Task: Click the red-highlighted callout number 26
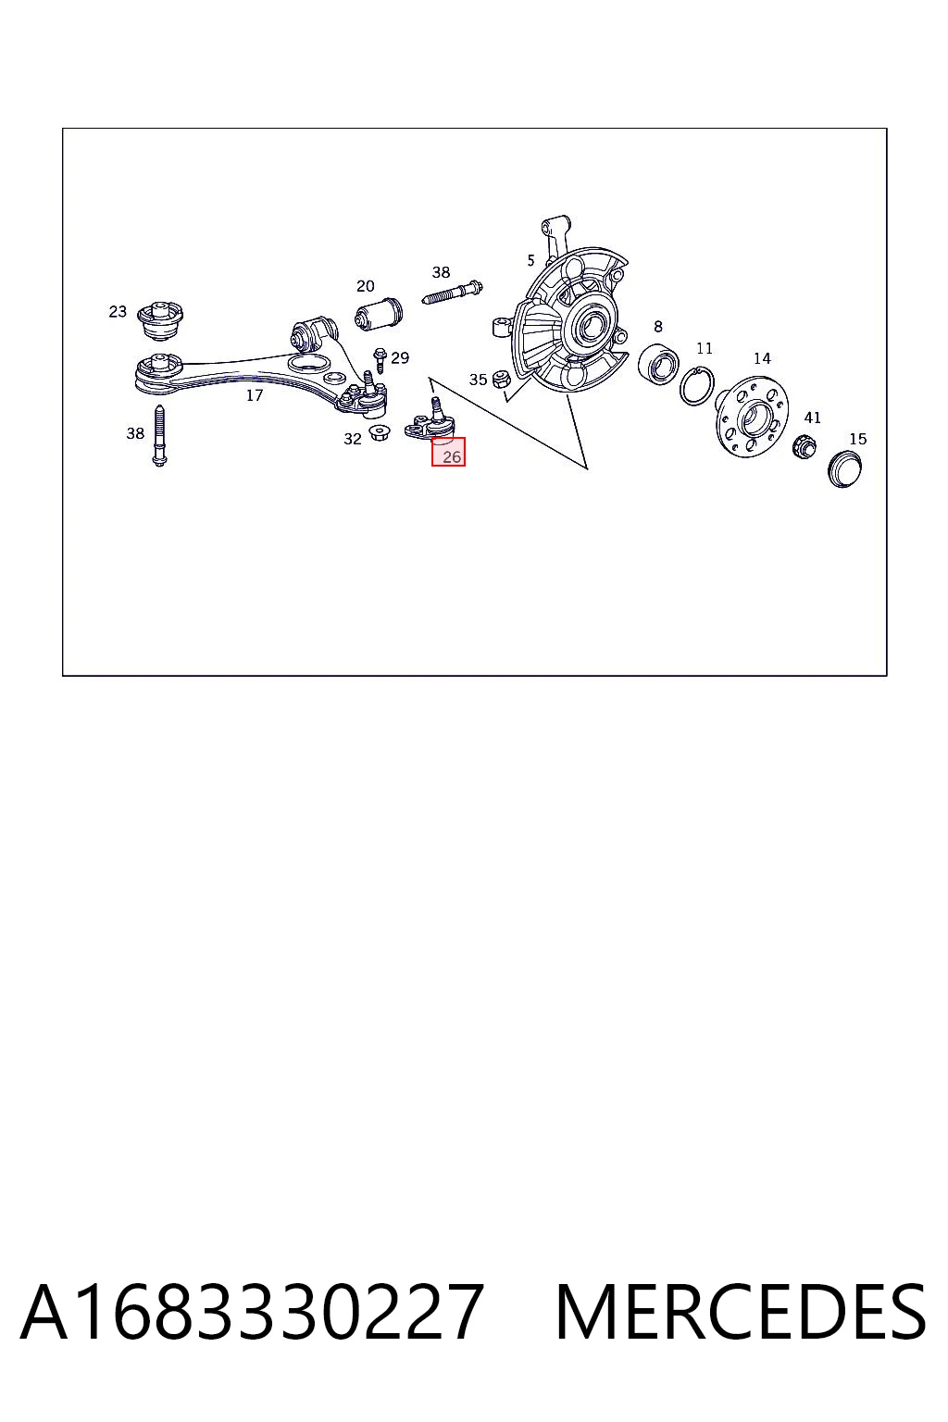tap(452, 456)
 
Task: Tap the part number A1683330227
tap(253, 1312)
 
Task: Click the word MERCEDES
tap(741, 1312)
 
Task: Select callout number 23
tap(118, 312)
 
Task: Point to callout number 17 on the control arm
tap(254, 395)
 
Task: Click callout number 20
tap(365, 286)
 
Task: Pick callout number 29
tap(400, 358)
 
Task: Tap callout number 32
tap(353, 439)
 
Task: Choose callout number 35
tap(478, 380)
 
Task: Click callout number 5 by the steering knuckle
tap(530, 260)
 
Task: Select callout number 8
tap(658, 326)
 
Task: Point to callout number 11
tap(705, 348)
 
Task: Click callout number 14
tap(762, 358)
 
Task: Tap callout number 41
tap(812, 418)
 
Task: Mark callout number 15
tap(858, 439)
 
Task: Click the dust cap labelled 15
tap(845, 469)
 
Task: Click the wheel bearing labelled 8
tap(658, 365)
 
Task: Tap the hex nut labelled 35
tap(501, 379)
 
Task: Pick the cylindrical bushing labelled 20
tap(378, 314)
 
